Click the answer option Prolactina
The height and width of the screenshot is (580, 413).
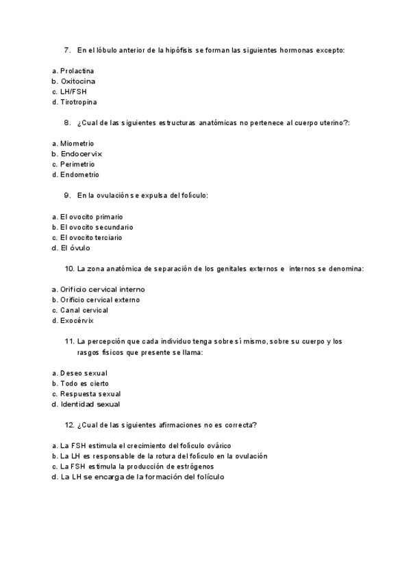tap(77, 71)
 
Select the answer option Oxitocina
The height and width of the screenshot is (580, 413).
tap(78, 81)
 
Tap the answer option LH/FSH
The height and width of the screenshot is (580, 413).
tap(73, 92)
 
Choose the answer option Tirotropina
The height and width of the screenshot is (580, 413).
tap(78, 102)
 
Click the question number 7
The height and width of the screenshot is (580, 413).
tap(67, 50)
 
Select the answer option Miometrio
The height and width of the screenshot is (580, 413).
tap(77, 144)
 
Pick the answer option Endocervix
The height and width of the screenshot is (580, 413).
tap(81, 154)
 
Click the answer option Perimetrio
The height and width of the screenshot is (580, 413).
tap(77, 164)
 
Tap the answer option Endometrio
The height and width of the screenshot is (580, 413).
tap(79, 174)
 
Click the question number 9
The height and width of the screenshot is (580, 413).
tap(67, 196)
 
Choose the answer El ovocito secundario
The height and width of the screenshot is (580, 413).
tap(97, 227)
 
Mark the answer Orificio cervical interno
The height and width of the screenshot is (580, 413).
tap(103, 289)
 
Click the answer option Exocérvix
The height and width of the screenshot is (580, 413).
tap(77, 320)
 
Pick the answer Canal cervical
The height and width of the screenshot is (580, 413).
tap(84, 310)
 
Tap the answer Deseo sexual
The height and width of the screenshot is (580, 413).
tap(84, 373)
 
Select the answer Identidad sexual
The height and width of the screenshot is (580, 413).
tap(90, 404)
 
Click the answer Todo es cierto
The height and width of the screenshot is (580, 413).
tap(84, 384)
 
